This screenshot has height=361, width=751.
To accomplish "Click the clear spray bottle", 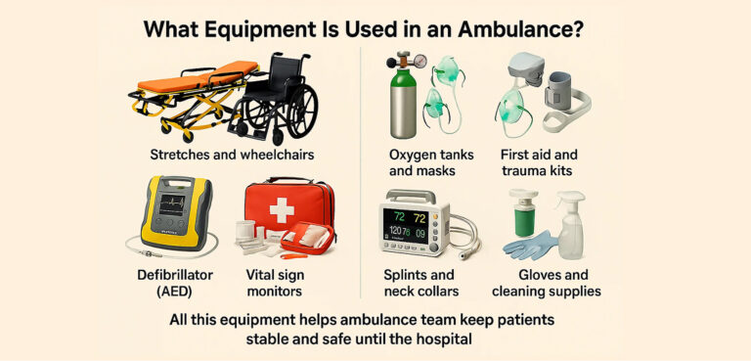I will click(x=569, y=226).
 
